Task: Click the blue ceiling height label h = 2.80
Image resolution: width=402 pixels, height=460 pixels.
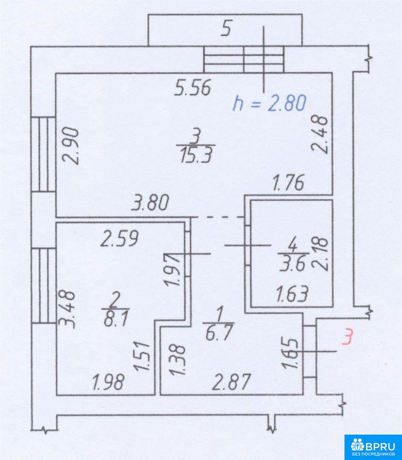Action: pyautogui.click(x=270, y=103)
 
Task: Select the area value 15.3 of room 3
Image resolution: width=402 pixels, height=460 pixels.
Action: pyautogui.click(x=196, y=155)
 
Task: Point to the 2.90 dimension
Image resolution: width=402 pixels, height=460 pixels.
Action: pyautogui.click(x=71, y=146)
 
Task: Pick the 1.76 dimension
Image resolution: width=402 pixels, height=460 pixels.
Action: pyautogui.click(x=288, y=182)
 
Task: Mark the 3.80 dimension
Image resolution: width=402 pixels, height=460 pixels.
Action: pyautogui.click(x=150, y=203)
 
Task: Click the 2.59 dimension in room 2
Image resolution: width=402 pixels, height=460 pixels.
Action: pyautogui.click(x=119, y=239)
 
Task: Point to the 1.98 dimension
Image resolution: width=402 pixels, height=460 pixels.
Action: pyautogui.click(x=108, y=382)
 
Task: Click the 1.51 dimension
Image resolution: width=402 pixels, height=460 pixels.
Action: pyautogui.click(x=142, y=356)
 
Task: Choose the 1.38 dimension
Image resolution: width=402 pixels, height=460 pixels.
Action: pyautogui.click(x=178, y=360)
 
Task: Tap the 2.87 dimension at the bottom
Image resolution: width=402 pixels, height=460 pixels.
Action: pyautogui.click(x=231, y=382)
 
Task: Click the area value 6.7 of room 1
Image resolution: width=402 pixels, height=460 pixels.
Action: pyautogui.click(x=219, y=333)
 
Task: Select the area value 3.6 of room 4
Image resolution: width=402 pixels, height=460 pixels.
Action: pyautogui.click(x=293, y=264)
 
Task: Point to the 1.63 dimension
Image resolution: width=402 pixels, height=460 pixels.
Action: pyautogui.click(x=292, y=294)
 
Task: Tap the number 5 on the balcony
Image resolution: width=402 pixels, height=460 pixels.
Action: pyautogui.click(x=226, y=29)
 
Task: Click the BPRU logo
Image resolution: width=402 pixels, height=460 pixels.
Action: pyautogui.click(x=373, y=447)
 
